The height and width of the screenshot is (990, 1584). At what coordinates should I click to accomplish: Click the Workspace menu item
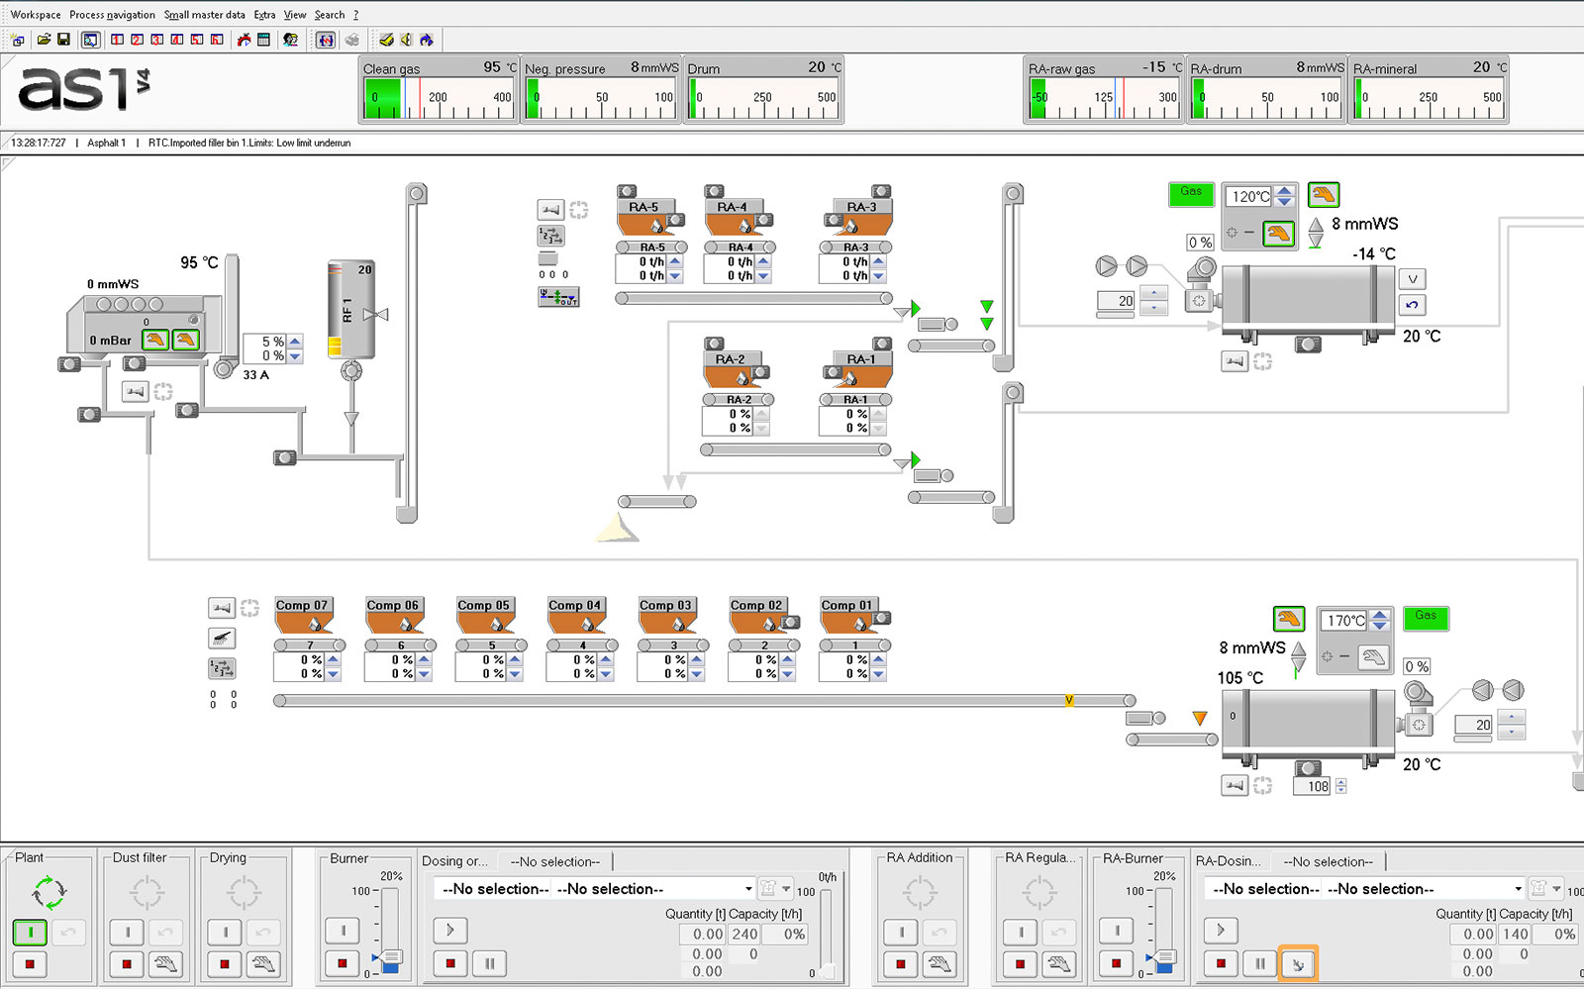click(x=36, y=14)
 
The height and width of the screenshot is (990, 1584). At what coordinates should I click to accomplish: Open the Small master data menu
click(x=204, y=14)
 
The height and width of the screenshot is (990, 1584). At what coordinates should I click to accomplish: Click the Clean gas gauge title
click(x=391, y=68)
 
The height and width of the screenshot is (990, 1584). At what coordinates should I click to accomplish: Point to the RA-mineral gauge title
click(x=1385, y=68)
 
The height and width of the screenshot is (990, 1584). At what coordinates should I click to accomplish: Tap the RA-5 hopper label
click(x=643, y=207)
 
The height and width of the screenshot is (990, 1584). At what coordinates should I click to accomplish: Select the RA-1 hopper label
click(x=861, y=358)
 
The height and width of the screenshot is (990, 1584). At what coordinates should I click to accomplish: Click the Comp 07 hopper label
click(x=301, y=605)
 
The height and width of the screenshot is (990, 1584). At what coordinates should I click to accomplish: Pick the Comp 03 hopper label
click(x=664, y=605)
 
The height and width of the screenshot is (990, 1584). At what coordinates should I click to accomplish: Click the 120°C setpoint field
click(x=1250, y=196)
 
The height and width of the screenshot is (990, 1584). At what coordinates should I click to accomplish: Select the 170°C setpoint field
click(x=1345, y=620)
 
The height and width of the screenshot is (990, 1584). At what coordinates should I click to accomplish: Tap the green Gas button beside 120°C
click(x=1191, y=194)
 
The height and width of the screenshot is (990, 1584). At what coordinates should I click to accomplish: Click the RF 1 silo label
click(x=347, y=311)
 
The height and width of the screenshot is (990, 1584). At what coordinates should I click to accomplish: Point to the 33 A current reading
click(x=256, y=375)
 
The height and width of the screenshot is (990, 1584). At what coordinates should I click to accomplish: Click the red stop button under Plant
click(x=30, y=963)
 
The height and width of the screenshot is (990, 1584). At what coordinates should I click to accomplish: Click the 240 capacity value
click(x=744, y=935)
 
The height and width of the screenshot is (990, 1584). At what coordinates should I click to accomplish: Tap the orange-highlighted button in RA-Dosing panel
click(x=1298, y=963)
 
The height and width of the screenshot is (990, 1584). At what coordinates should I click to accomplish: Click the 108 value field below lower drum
click(x=1313, y=786)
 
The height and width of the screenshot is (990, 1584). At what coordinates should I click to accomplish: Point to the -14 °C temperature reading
click(x=1374, y=253)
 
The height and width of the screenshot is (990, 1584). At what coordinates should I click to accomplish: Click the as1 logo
click(x=83, y=89)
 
